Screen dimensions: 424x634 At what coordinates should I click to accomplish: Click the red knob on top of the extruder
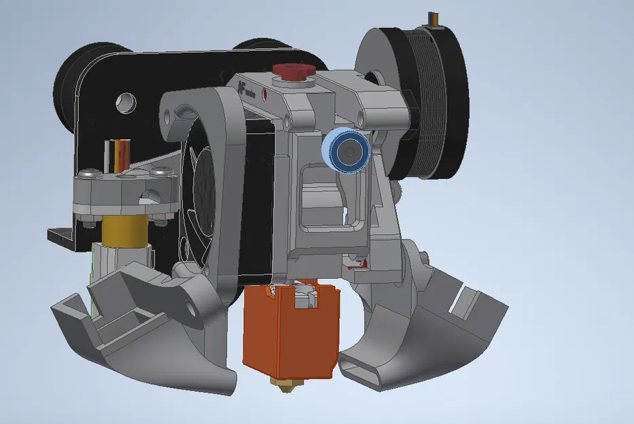click(292, 70)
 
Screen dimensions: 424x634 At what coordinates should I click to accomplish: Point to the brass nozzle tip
click(285, 387)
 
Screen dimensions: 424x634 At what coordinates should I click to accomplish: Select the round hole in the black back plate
click(127, 102)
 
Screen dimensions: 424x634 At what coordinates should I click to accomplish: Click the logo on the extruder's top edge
click(244, 86)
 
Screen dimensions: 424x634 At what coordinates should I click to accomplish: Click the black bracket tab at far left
click(61, 236)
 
